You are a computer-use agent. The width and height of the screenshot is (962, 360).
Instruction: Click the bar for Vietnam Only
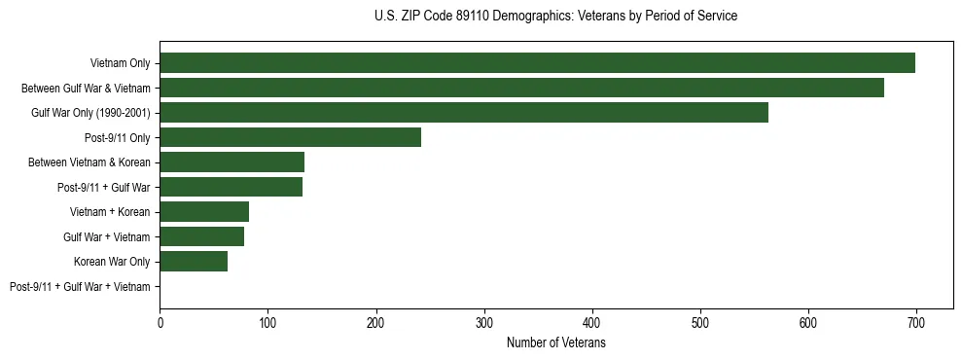(x=537, y=63)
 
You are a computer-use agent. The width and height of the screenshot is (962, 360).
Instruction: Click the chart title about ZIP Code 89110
(x=555, y=17)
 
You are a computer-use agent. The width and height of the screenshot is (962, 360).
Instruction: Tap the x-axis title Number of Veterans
(x=555, y=342)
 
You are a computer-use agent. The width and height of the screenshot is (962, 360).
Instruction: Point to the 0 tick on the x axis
(x=160, y=322)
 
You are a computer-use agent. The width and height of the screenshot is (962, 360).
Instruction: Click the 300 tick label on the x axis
(x=483, y=322)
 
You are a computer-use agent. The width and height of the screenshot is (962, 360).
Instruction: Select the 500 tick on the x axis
(x=699, y=322)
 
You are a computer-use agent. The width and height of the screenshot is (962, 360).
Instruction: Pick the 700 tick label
(x=915, y=322)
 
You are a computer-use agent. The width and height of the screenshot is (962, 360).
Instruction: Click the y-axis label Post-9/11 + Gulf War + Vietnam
(x=80, y=287)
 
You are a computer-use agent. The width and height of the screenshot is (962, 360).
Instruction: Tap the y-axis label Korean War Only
(x=112, y=262)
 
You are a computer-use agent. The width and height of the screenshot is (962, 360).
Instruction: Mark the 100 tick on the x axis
(x=267, y=322)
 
